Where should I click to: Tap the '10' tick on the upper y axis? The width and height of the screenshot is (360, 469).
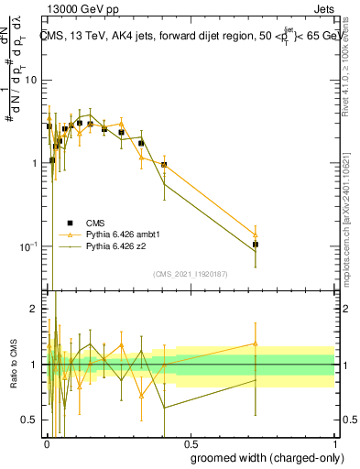(x=29, y=80)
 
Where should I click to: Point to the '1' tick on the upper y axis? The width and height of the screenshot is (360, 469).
(x=33, y=163)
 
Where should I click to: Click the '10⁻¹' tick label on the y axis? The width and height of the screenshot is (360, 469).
(x=27, y=246)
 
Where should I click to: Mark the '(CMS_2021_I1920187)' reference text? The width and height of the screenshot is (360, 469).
(x=190, y=274)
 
